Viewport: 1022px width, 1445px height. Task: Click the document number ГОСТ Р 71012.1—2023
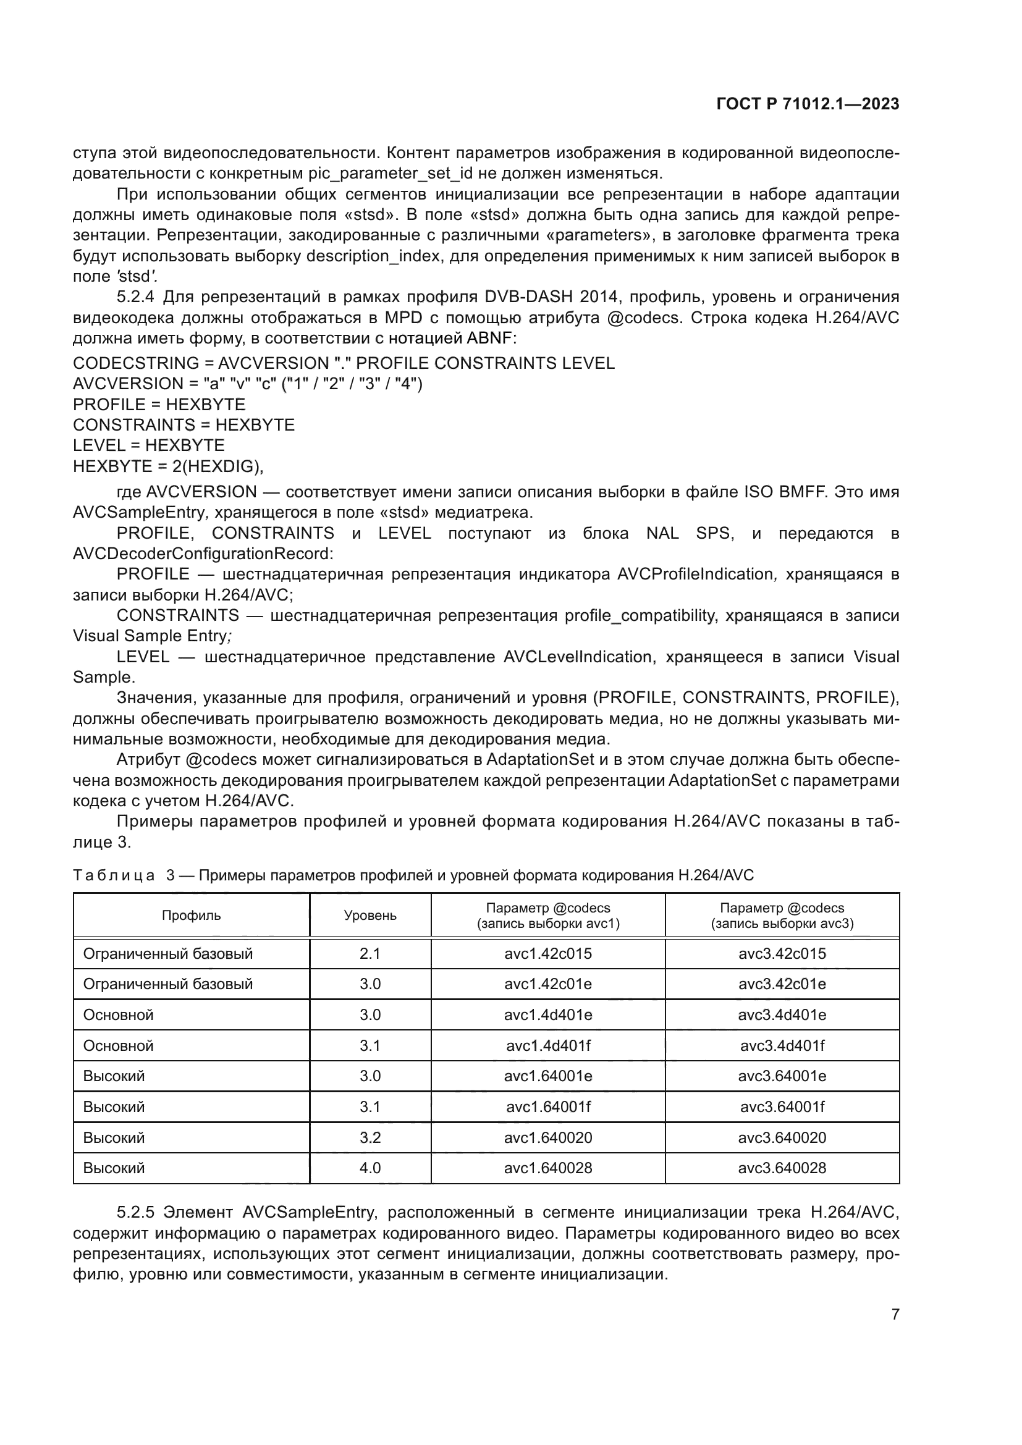coord(808,104)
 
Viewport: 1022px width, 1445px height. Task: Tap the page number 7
coord(895,1314)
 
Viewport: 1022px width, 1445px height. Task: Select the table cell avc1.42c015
coord(547,953)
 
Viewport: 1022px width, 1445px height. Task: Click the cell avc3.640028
coord(782,1168)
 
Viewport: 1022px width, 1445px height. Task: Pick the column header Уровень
coord(370,916)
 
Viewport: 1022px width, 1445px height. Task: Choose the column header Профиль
coord(192,916)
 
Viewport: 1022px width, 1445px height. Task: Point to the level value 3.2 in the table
coord(370,1137)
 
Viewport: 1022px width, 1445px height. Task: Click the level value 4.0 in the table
coord(370,1168)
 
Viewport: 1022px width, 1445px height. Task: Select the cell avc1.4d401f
coord(547,1045)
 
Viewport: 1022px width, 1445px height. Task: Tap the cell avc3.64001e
coord(782,1076)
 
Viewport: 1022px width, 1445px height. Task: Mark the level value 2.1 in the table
coord(370,953)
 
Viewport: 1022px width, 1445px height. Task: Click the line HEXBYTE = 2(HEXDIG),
coord(168,466)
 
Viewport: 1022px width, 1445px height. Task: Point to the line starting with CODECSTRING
coord(344,363)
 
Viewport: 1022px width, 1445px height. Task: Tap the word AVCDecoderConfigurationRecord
coord(203,554)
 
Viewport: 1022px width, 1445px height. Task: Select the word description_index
coord(373,256)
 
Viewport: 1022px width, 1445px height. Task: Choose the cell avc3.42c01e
coord(782,984)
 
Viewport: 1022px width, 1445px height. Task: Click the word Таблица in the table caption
coord(114,875)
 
